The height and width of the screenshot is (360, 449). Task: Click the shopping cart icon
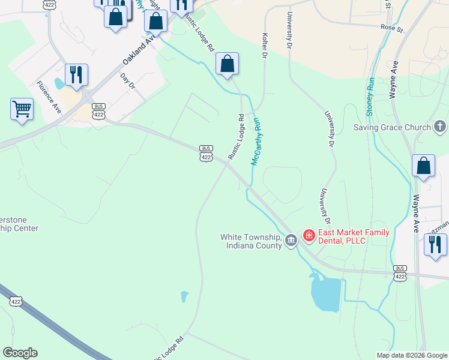22,109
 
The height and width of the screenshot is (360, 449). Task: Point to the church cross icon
440,127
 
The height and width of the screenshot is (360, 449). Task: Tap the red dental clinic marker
309,235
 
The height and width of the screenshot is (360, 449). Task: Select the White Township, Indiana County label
251,241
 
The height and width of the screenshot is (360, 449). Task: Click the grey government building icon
291,241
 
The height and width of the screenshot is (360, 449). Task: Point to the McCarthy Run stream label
257,141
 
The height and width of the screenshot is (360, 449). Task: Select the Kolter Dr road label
264,46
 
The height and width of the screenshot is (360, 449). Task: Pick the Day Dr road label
128,81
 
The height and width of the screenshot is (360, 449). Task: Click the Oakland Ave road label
139,49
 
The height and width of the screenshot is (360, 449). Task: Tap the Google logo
20,353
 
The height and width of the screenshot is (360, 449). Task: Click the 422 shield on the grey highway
16,301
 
